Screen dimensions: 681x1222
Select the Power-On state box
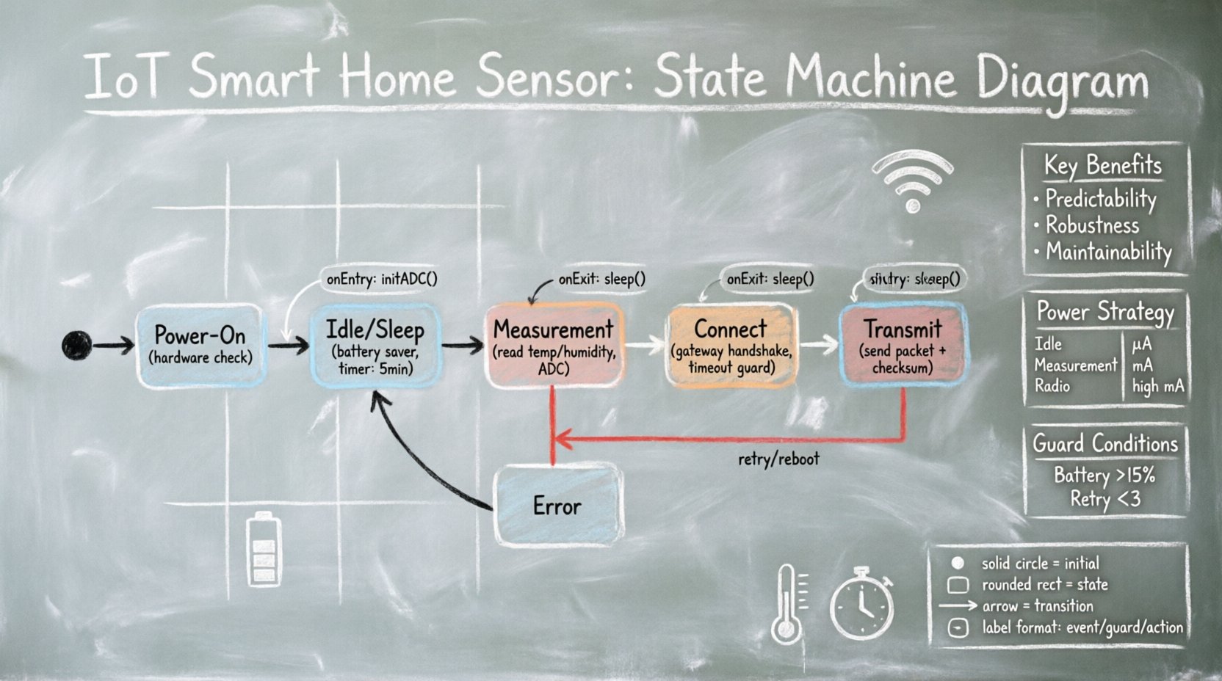200,346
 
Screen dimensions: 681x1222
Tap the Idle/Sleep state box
375,346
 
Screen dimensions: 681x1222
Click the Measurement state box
554,346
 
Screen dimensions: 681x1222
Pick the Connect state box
731,346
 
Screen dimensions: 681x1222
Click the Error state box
557,506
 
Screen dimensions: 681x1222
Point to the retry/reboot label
778,459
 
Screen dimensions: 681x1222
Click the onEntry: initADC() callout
382,279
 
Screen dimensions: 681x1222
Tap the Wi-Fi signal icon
912,181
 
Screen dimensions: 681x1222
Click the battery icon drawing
263,550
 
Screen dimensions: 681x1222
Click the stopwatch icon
862,603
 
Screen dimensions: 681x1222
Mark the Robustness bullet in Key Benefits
1092,225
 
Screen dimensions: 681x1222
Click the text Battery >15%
1104,475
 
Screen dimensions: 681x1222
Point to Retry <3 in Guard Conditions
1104,500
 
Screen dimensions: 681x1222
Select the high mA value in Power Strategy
1158,386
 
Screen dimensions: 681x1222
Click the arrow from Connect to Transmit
819,344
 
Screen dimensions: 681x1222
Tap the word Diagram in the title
1062,79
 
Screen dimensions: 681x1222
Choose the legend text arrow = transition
1037,606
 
